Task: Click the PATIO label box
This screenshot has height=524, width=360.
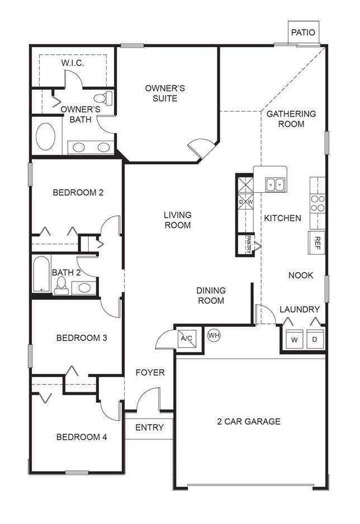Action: tap(303, 32)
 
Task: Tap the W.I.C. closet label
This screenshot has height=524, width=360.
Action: tap(73, 63)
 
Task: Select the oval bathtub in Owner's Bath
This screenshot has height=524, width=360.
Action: tap(46, 136)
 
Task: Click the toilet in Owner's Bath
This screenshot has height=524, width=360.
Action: tap(107, 98)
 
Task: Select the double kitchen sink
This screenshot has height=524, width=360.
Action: tap(274, 184)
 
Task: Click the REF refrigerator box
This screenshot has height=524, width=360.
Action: tap(317, 242)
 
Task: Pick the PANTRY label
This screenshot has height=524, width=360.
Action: tap(249, 245)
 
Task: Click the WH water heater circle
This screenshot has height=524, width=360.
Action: tap(214, 335)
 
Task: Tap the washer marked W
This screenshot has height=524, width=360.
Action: tap(293, 339)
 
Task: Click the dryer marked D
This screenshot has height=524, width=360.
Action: tap(315, 339)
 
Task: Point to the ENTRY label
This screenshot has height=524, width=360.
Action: tap(149, 427)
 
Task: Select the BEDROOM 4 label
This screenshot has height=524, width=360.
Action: tap(82, 437)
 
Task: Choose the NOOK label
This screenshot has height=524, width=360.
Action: tap(301, 275)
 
